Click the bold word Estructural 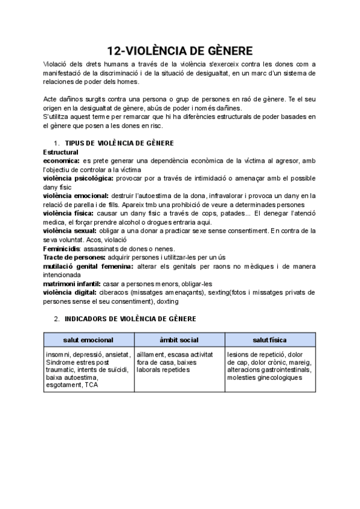point(61,152)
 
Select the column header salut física point(269,340)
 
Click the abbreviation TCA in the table point(91,385)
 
